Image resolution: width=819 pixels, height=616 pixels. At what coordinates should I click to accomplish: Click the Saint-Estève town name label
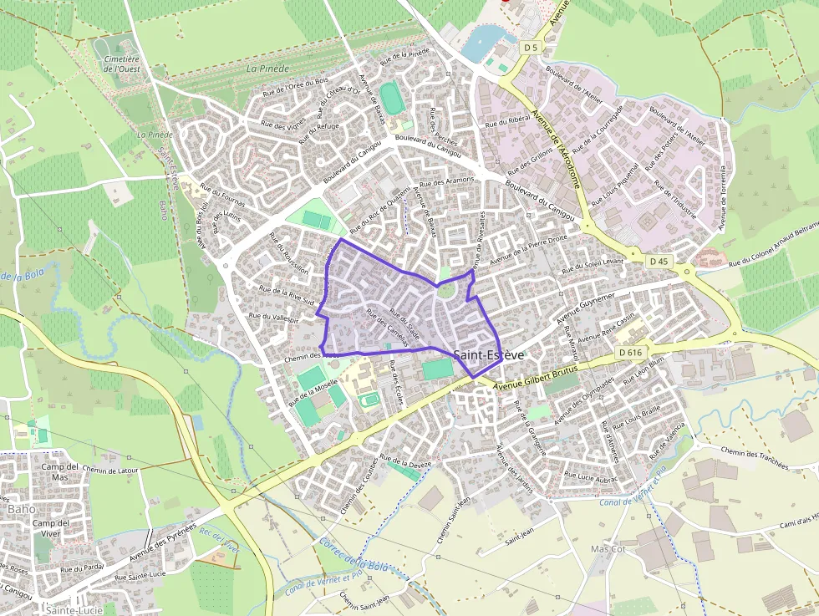[489, 355]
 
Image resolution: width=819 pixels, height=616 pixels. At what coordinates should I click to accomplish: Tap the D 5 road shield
[531, 48]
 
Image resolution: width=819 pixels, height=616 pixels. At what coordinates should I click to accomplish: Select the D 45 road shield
[659, 262]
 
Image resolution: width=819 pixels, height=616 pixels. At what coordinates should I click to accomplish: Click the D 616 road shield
[630, 353]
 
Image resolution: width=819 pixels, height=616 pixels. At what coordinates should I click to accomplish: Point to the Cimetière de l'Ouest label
[121, 64]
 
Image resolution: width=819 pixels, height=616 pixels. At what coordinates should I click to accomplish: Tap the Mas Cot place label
[608, 549]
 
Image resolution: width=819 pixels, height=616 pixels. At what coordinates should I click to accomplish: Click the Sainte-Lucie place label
[69, 610]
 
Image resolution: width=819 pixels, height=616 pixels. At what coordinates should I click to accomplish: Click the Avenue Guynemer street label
[586, 307]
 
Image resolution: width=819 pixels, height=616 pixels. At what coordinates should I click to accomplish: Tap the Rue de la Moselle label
[313, 392]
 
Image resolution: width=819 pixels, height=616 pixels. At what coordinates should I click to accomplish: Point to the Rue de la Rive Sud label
[286, 294]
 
